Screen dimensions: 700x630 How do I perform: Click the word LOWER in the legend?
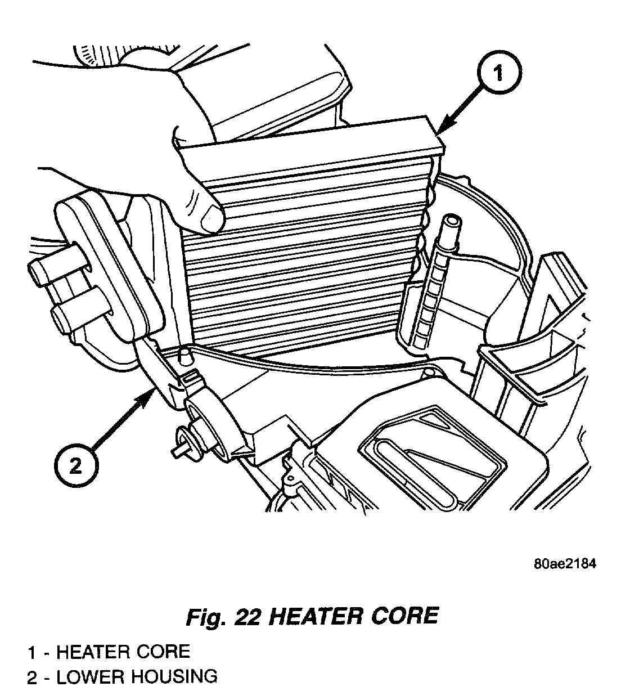tap(90, 676)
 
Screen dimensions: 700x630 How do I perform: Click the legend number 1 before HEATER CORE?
tap(33, 652)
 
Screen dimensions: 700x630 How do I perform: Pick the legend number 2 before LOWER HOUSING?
tap(33, 676)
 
